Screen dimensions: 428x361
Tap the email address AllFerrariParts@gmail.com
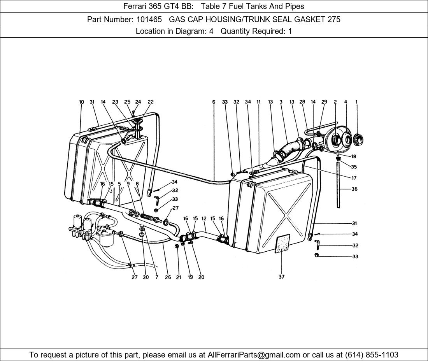click(x=254, y=355)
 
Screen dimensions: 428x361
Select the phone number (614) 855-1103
click(x=372, y=355)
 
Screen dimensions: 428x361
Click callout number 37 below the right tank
click(x=281, y=277)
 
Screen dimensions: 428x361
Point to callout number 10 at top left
click(x=82, y=102)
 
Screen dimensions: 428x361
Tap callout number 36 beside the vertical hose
click(x=354, y=189)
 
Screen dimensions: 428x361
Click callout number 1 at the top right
click(x=356, y=102)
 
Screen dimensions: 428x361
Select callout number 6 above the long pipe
click(x=214, y=102)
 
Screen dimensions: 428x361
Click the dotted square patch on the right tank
click(x=282, y=244)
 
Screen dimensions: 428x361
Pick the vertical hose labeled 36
click(x=339, y=185)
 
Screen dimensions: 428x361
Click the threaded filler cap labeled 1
click(x=358, y=140)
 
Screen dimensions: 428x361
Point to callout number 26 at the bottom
click(x=168, y=277)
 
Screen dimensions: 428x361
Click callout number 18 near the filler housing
click(x=353, y=157)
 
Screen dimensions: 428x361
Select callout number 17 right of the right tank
click(x=354, y=178)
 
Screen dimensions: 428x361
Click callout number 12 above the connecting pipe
click(x=204, y=219)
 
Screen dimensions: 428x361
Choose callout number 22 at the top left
click(x=151, y=102)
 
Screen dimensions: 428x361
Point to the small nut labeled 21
click(x=177, y=246)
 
